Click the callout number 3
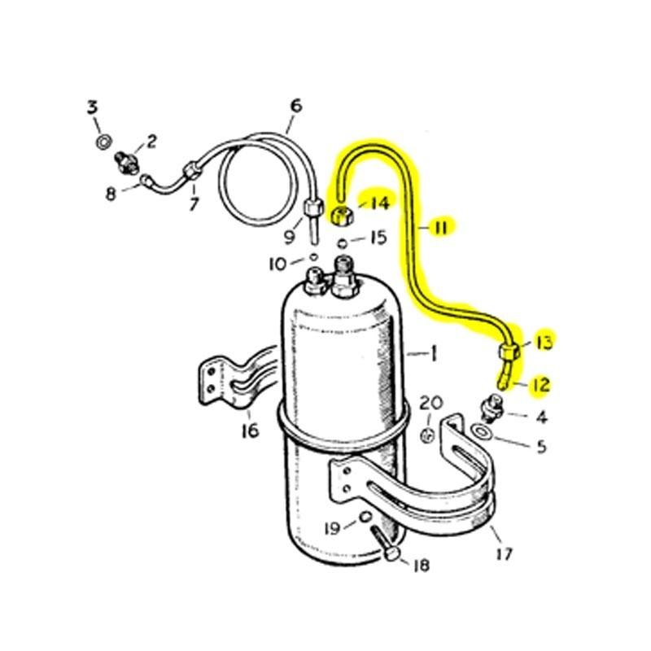pos(93,107)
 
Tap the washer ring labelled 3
pos(104,143)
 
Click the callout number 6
pos(295,106)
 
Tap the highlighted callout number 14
pos(380,203)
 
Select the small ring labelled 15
pos(344,242)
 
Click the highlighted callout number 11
pos(440,228)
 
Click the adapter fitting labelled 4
pos(493,404)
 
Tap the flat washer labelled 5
pos(483,430)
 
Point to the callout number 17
pos(504,554)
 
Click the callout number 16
pos(250,430)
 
